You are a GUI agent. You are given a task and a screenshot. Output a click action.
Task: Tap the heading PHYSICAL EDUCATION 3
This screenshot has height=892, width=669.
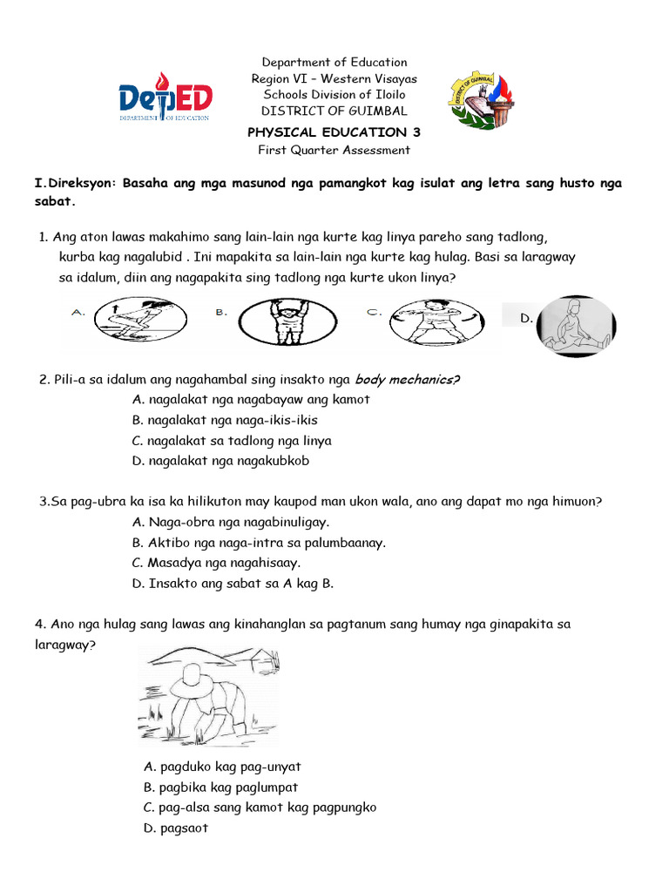tap(334, 132)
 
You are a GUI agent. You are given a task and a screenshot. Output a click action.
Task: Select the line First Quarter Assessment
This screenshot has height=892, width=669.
tap(334, 150)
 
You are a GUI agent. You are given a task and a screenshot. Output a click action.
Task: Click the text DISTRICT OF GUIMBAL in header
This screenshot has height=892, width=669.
tap(334, 111)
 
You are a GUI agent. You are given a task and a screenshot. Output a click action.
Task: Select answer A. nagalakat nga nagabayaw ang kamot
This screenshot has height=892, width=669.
tap(251, 399)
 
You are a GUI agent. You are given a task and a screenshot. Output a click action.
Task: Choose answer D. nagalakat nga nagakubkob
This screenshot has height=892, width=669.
tap(220, 461)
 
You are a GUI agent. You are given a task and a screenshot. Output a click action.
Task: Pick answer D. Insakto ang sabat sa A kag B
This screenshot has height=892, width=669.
tap(233, 584)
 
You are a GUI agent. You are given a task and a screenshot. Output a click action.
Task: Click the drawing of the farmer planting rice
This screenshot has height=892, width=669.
tap(211, 697)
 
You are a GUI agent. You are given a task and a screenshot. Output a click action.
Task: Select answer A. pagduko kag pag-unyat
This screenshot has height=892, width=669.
tap(222, 767)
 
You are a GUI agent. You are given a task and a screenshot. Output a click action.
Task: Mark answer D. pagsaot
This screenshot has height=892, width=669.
tap(176, 828)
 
